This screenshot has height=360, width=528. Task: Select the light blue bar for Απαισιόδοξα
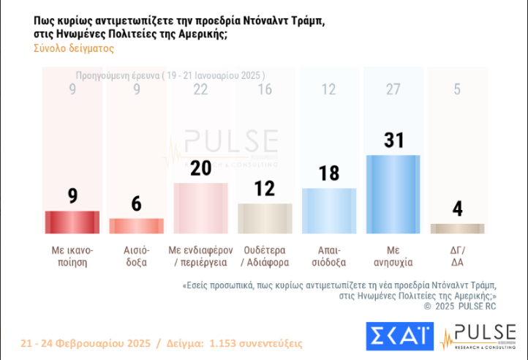tap(328, 211)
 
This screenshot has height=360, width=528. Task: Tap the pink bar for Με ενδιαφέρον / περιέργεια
tap(200, 208)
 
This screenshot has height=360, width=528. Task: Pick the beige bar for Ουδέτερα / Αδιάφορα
tap(264, 218)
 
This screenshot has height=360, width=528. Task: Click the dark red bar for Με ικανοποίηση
tap(72, 222)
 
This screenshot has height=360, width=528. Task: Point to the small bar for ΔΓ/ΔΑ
tap(457, 228)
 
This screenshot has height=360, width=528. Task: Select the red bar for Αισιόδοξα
tap(136, 225)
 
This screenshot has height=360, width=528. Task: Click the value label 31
tap(393, 140)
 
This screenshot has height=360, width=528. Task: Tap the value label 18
tap(328, 174)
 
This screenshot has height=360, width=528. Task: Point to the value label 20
tap(200, 168)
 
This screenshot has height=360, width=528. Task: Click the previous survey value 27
tap(393, 89)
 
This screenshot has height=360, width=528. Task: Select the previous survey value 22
tap(200, 89)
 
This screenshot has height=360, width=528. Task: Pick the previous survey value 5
tap(457, 89)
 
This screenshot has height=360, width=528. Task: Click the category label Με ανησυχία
tap(393, 255)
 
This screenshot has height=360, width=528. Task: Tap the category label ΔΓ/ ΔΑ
tap(457, 255)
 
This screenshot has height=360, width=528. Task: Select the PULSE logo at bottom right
tap(479, 337)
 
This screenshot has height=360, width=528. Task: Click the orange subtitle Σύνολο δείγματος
tap(73, 48)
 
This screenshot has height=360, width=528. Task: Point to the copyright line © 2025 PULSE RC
tap(460, 307)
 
